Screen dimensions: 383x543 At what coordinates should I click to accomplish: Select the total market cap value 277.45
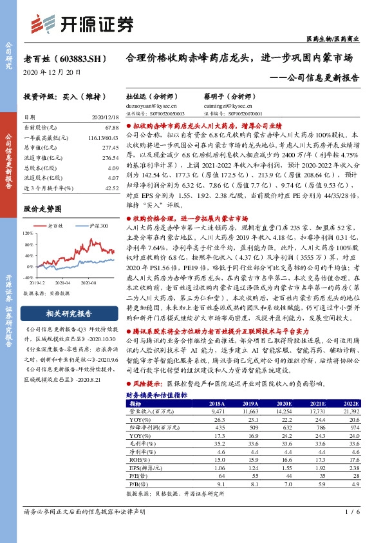pos(111,147)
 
